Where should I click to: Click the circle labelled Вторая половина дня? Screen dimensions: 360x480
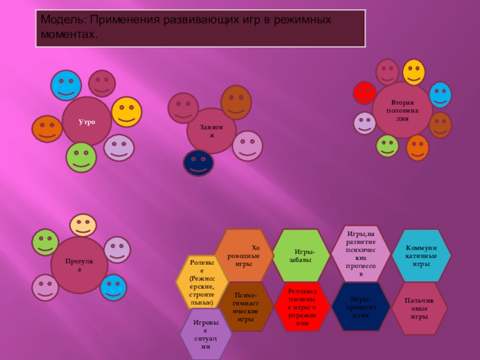[x=403, y=110]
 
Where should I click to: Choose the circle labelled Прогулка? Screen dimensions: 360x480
[x=79, y=265]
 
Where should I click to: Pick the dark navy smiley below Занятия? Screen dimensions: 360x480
[x=198, y=163]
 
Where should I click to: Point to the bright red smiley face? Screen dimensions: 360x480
[x=364, y=93]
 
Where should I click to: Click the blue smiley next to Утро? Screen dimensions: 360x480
[x=66, y=85]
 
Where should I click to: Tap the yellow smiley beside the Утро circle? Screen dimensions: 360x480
[x=127, y=111]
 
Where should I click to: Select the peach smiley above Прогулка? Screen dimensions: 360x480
[x=83, y=225]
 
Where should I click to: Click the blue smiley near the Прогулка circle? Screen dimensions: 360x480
[x=113, y=287]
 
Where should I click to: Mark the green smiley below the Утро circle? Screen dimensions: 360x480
[x=81, y=157]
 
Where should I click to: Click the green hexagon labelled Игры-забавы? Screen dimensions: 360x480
[x=302, y=256]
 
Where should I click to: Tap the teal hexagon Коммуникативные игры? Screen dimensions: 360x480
[x=421, y=256]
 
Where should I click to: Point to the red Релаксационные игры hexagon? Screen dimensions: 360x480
[x=302, y=306]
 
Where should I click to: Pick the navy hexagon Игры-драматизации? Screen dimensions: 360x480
[x=361, y=306]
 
